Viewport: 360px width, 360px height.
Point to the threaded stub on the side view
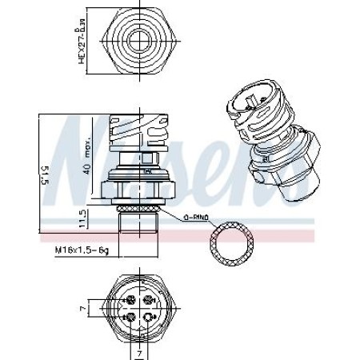tap(140, 226)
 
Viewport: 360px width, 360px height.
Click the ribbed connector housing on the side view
tap(141, 133)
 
